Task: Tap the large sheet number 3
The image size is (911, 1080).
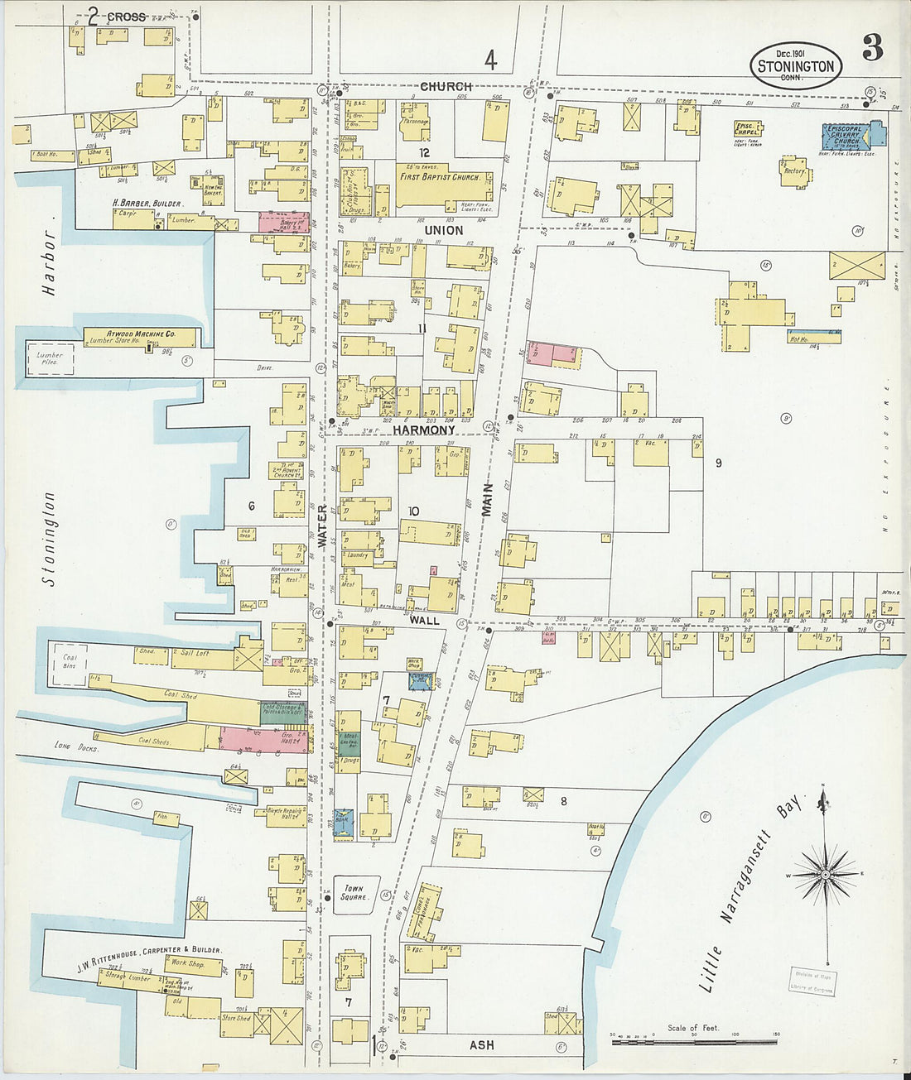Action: click(872, 48)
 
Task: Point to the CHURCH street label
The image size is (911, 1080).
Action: click(446, 86)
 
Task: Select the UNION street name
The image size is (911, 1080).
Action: click(444, 230)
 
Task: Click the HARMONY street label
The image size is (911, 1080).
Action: click(424, 430)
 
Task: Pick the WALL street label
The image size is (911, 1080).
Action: click(422, 619)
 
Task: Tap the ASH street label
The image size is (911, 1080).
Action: click(482, 1045)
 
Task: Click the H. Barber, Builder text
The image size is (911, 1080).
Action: click(147, 203)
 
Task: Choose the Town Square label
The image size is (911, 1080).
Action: click(354, 892)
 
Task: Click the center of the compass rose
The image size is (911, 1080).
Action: click(826, 874)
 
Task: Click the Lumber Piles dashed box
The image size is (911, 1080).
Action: click(49, 358)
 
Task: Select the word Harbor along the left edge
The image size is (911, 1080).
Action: click(49, 263)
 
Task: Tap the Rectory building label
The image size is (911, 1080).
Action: click(793, 171)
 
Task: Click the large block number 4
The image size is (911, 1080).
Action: click(490, 60)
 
